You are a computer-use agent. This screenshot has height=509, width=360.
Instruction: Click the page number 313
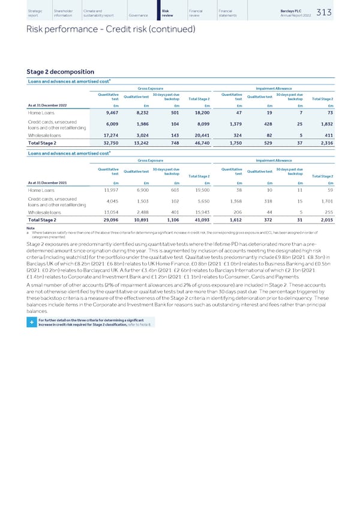click(340, 13)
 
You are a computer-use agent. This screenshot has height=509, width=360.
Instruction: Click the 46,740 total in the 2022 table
click(197, 144)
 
